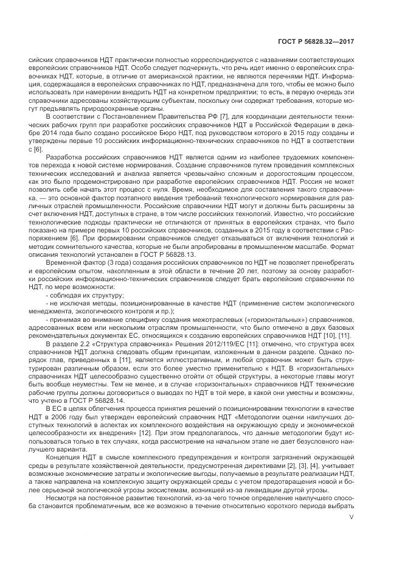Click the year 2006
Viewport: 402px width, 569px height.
(69, 420)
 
